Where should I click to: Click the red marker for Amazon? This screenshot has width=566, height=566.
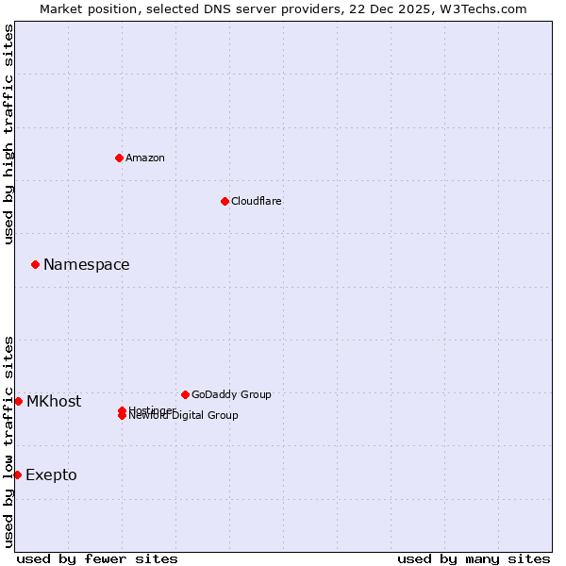119,158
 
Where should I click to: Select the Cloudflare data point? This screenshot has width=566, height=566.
225,201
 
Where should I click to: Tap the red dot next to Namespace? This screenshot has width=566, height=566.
35,264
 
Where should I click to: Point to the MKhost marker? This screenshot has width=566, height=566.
18,401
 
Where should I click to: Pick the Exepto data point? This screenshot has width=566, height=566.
17,474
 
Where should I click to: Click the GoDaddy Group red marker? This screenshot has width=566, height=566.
185,394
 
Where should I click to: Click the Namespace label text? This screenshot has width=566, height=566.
87,265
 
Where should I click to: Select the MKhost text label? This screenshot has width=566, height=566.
54,402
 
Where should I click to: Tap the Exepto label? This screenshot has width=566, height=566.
51,475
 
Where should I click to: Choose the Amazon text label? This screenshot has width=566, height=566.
145,158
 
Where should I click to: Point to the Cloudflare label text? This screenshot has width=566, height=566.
257,201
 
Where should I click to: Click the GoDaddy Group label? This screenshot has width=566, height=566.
231,394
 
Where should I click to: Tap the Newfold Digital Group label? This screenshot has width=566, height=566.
185,416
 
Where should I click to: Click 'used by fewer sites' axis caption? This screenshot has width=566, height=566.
97,558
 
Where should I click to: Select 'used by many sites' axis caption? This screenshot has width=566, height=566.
474,558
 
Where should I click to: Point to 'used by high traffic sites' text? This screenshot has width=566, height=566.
9,134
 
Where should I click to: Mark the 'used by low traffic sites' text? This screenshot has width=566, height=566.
9,441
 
